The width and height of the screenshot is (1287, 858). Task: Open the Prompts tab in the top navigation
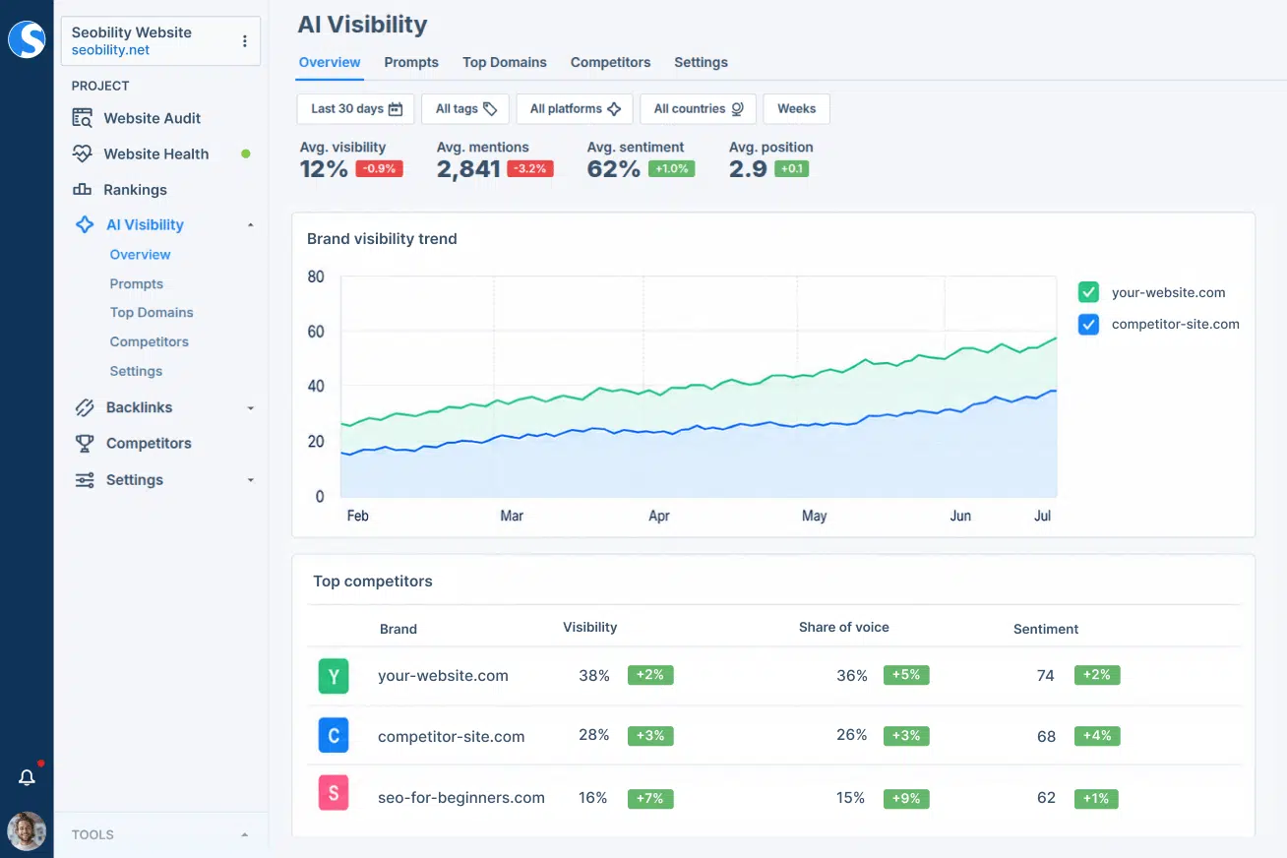coord(411,62)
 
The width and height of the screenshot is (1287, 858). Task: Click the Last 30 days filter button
coord(355,108)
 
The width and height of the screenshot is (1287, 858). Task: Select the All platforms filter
coord(575,108)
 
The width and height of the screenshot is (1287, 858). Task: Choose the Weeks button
coord(796,108)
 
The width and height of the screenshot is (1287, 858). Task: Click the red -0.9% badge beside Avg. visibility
coord(379,168)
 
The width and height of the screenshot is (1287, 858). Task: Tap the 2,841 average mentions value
coord(468,169)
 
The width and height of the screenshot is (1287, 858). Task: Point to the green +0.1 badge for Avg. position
coord(792,168)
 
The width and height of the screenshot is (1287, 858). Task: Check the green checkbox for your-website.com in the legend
coord(1088,292)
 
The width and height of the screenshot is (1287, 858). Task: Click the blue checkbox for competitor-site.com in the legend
coord(1088,324)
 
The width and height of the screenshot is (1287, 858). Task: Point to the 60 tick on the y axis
coord(316,332)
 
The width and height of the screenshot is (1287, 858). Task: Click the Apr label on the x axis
coord(659,516)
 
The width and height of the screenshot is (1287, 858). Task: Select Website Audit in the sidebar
coord(152,118)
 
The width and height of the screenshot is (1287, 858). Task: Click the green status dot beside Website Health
coord(246,153)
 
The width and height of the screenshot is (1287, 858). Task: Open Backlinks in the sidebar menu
coord(139,407)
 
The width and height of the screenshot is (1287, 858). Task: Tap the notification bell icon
coord(27,777)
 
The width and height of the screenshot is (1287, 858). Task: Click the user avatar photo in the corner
coord(27,831)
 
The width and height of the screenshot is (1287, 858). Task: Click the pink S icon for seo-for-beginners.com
coord(334,793)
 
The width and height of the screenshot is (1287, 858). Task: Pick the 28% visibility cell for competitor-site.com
coord(594,735)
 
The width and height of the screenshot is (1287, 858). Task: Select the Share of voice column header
coord(843,627)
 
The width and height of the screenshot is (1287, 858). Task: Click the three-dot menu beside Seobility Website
coord(245,40)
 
